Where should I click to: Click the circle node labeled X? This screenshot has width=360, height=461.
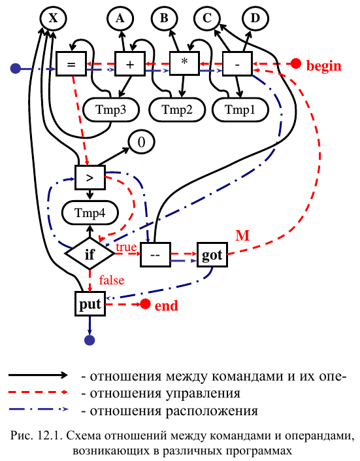53,18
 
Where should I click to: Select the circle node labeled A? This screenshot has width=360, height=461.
120,18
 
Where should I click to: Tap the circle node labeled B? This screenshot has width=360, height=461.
164,18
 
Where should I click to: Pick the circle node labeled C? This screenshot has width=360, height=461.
207,18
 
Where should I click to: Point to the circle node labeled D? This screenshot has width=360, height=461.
255,18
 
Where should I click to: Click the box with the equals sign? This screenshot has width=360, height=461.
71,64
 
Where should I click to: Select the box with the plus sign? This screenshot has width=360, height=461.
130,64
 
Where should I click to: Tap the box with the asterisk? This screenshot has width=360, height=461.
184,63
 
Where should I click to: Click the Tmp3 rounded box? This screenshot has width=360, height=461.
111,110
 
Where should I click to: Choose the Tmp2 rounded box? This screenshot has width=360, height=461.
177,110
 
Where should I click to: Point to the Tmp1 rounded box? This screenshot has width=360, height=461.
240,110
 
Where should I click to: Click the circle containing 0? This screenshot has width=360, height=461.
141,143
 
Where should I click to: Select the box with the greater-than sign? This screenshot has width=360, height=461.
90,178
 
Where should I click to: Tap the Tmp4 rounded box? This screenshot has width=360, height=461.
90,213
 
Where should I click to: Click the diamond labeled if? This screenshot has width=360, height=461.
90,254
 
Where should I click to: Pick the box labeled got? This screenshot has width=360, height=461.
212,254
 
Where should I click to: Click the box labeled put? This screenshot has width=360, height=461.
90,303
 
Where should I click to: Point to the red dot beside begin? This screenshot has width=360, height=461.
295,63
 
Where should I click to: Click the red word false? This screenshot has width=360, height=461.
112,280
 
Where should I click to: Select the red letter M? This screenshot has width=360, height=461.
243,236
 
